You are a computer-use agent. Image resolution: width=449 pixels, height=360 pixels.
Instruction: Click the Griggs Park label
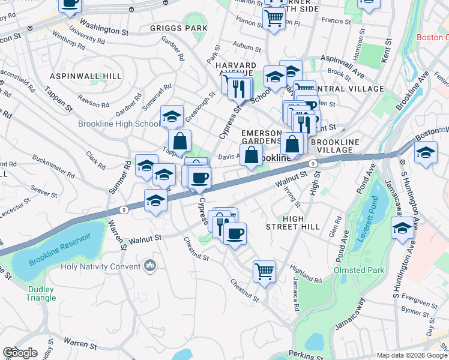pyautogui.click(x=179, y=28)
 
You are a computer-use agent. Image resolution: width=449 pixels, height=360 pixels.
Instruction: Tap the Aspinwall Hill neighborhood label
pyautogui.click(x=86, y=76)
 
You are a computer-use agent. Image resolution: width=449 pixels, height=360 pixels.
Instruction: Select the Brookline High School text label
pyautogui.click(x=119, y=124)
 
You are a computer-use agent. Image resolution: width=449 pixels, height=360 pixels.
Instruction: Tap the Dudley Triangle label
pyautogui.click(x=41, y=293)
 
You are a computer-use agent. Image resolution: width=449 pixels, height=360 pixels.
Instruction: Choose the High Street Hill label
pyautogui.click(x=294, y=223)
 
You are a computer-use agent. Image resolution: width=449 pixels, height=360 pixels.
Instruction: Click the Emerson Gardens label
pyautogui.click(x=261, y=136)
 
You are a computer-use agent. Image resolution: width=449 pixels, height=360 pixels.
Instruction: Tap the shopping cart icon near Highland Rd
pyautogui.click(x=264, y=271)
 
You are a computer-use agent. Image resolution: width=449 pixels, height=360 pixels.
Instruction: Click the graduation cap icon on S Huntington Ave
pyautogui.click(x=402, y=228)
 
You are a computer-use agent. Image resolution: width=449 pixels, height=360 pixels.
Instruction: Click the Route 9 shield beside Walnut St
pyautogui.click(x=313, y=163)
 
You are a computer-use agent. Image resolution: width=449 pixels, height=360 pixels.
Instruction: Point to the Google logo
pyautogui.click(x=20, y=353)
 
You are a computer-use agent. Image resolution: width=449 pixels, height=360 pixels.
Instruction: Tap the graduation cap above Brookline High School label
pyautogui.click(x=172, y=116)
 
